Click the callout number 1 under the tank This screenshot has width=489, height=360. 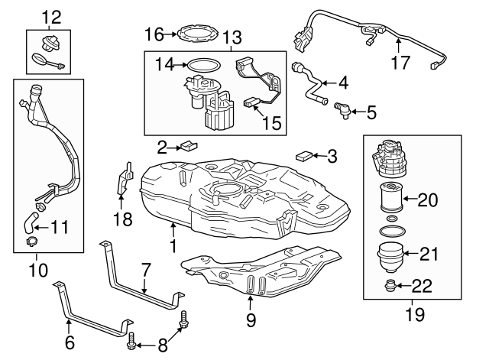pyautogui.click(x=173, y=246)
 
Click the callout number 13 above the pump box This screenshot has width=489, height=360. pyautogui.click(x=231, y=37)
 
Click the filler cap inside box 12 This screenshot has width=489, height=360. pyautogui.click(x=50, y=43)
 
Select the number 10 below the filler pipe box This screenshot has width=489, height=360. pyautogui.click(x=37, y=269)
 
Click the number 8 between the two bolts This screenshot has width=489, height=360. pyautogui.click(x=162, y=345)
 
